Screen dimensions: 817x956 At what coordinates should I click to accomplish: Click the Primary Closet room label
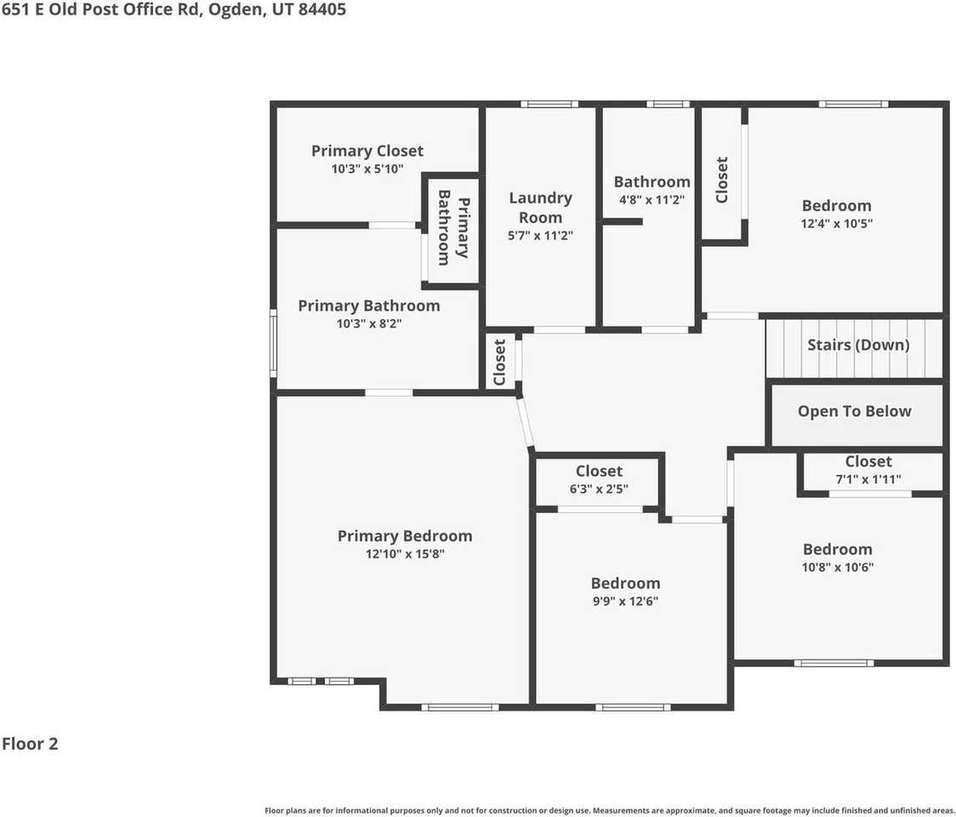tap(367, 151)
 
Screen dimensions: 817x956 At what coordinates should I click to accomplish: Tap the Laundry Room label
tap(540, 208)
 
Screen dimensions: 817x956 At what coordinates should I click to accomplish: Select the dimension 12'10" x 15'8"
tap(404, 554)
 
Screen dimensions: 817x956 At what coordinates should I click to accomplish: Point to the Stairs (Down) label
tap(857, 345)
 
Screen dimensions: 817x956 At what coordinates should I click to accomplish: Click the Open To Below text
tap(854, 412)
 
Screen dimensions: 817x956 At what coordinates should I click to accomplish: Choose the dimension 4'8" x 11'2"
tap(652, 200)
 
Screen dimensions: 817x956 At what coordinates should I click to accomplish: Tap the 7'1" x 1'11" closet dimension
tap(868, 479)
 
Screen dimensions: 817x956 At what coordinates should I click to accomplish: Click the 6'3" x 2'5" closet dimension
tap(599, 488)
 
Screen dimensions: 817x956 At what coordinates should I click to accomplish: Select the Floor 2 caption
tap(30, 744)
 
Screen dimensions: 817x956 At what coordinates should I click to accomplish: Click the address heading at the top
tap(174, 11)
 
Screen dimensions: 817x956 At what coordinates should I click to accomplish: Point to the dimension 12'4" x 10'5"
tap(837, 224)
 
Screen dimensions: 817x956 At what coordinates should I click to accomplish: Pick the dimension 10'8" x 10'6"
tap(837, 568)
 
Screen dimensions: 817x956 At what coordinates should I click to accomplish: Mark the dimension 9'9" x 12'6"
tap(625, 601)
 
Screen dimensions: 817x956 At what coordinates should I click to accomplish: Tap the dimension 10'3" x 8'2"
tap(368, 323)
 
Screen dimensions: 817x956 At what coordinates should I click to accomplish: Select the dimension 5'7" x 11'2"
tap(540, 236)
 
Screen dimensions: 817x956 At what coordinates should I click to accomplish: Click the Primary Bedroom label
tap(404, 536)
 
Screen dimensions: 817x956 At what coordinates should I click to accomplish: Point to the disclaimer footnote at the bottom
tap(610, 810)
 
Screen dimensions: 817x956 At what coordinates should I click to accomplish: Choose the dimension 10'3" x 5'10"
tap(367, 169)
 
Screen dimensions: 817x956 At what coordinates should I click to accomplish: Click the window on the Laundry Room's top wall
tap(549, 104)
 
